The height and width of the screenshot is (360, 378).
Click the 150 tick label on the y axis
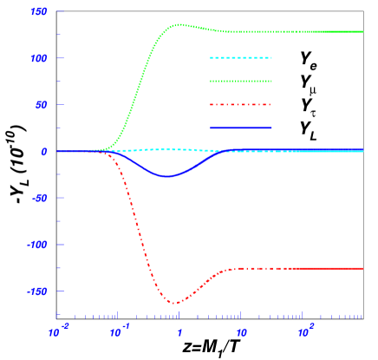(x=39, y=11)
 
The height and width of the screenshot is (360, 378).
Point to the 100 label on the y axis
(x=39, y=58)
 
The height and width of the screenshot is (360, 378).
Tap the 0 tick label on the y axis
(x=44, y=151)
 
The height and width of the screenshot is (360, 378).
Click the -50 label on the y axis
(x=39, y=198)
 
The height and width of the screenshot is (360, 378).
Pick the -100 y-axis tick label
(x=37, y=245)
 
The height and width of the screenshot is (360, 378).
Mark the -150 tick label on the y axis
(x=37, y=291)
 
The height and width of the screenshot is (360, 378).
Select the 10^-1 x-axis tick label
(x=119, y=332)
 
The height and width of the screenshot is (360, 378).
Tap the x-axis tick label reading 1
(x=180, y=333)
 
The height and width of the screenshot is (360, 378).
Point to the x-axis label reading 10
(x=242, y=333)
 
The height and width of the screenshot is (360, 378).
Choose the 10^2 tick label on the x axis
(x=304, y=332)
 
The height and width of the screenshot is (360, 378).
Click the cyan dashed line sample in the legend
(x=240, y=58)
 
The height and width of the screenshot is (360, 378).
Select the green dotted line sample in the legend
(x=240, y=82)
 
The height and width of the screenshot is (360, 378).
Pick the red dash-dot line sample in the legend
(x=240, y=105)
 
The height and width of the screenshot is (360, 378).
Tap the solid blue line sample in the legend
(x=240, y=128)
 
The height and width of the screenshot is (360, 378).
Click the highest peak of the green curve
(x=178, y=25)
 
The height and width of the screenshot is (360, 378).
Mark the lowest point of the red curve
(x=174, y=304)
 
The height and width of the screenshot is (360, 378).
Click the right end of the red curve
(x=362, y=269)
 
